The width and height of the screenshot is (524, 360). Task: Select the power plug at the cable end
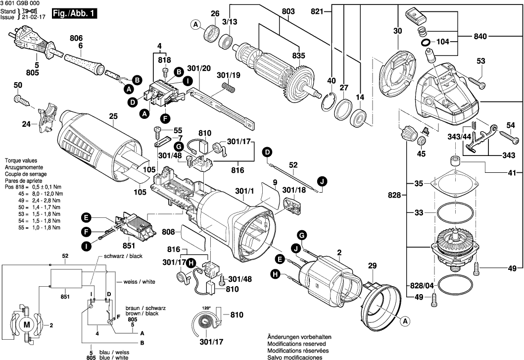click(x=25, y=40)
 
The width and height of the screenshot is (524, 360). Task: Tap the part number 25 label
click(x=113, y=116)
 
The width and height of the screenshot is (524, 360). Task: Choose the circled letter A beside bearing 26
click(x=196, y=25)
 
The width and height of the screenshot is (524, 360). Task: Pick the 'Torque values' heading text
click(x=19, y=161)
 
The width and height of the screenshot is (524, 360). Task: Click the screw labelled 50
click(x=22, y=101)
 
